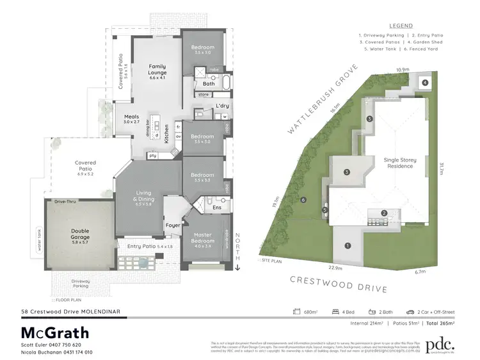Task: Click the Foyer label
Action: (x=173, y=225)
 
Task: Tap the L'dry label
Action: (x=222, y=105)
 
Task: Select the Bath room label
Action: (x=209, y=83)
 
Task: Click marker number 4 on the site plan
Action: (x=425, y=82)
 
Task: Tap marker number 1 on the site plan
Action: (x=348, y=245)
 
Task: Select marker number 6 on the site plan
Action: (x=303, y=200)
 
